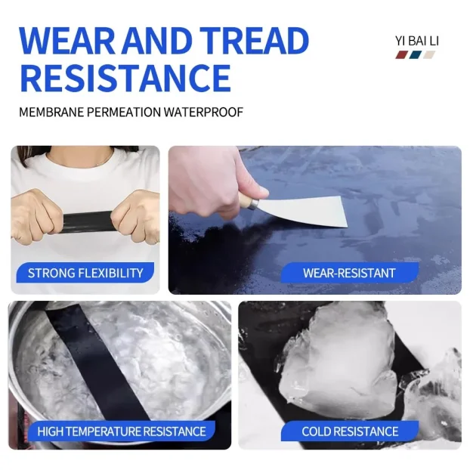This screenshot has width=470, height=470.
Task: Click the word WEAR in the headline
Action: pyautogui.click(x=66, y=41)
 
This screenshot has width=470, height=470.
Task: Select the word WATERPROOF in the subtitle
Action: pyautogui.click(x=203, y=112)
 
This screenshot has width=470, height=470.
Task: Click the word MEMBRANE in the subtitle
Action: pyautogui.click(x=51, y=112)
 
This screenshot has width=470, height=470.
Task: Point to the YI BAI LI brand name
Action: pyautogui.click(x=416, y=41)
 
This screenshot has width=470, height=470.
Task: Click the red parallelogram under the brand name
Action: pyautogui.click(x=402, y=55)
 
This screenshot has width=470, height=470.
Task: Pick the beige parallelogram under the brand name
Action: pyautogui.click(x=428, y=55)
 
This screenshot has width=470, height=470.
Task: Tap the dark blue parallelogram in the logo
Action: pyautogui.click(x=415, y=55)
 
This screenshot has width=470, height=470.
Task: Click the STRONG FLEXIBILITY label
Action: pyautogui.click(x=85, y=273)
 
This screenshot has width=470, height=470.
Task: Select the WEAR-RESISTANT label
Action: pyautogui.click(x=349, y=273)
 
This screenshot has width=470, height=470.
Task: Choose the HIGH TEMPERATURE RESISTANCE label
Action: pyautogui.click(x=122, y=431)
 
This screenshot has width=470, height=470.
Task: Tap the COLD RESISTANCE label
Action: pyautogui.click(x=350, y=431)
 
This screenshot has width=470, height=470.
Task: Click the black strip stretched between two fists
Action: pyautogui.click(x=88, y=221)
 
